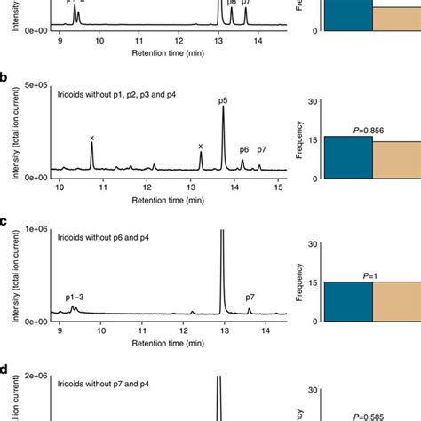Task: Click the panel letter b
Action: point(6,79)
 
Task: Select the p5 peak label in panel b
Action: point(222,99)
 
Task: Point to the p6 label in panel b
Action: point(243,149)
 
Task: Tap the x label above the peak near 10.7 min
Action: point(91,138)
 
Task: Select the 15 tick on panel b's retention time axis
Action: point(278,187)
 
